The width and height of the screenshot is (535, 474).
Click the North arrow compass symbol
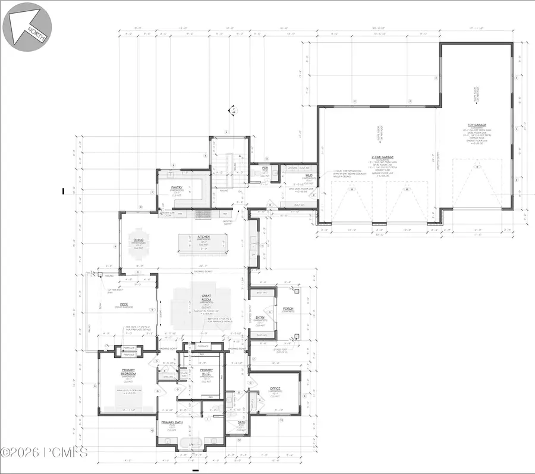[27, 26]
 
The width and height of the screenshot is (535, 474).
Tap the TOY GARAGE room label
[477, 126]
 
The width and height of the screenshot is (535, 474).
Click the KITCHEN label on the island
[204, 236]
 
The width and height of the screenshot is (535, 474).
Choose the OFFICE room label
[275, 390]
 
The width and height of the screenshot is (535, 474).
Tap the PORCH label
[288, 309]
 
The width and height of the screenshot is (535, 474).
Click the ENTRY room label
[260, 318]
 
